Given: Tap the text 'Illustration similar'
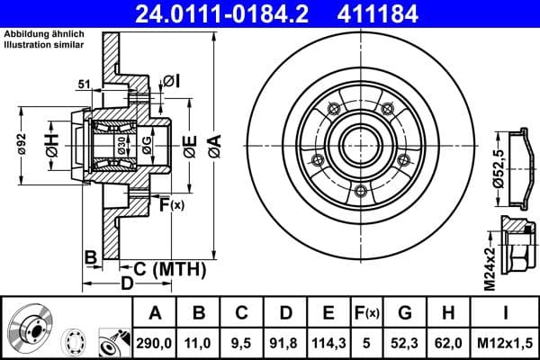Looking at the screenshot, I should pyautogui.click(x=44, y=44).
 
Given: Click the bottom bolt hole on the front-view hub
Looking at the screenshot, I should pyautogui.click(x=360, y=191).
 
